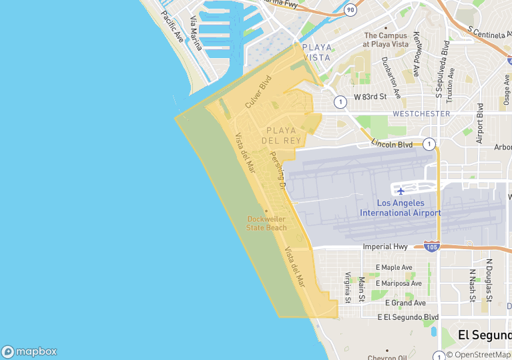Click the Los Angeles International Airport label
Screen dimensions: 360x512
[400, 208]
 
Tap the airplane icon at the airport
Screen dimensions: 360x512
[401, 191]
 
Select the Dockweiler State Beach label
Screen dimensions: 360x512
[266, 223]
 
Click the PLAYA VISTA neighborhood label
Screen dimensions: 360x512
[316, 52]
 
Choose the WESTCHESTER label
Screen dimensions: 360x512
[421, 114]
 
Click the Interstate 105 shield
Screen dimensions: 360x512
[431, 246]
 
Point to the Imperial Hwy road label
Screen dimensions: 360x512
[385, 246]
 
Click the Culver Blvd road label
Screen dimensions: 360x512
[259, 93]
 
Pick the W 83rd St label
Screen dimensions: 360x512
[370, 97]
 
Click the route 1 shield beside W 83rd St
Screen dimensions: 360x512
[340, 102]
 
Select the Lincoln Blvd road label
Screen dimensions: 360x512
[392, 144]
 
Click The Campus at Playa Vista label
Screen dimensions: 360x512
[385, 39]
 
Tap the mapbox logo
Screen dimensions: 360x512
[29, 351]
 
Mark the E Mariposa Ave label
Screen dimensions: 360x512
[399, 283]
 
